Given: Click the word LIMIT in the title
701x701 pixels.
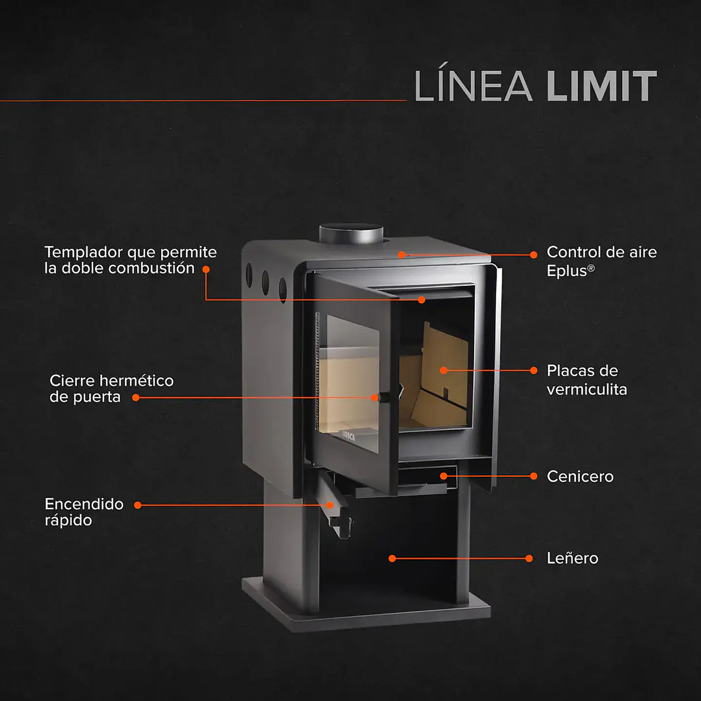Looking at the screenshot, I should click(602, 86).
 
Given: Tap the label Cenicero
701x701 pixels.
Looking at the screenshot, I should click(580, 476).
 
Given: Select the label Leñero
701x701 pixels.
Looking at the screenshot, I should click(572, 558).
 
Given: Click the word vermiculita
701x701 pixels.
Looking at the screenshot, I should click(587, 389).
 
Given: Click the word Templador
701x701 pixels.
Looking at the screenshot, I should click(83, 252).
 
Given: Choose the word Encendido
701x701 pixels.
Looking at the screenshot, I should click(84, 504).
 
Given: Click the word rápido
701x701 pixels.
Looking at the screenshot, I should click(68, 520).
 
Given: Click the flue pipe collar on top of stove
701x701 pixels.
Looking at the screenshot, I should click(351, 234).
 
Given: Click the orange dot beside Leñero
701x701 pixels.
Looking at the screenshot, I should click(529, 558).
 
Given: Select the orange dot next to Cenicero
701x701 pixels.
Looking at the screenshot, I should click(534, 476).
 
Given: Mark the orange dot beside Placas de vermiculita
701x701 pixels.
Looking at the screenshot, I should click(534, 370).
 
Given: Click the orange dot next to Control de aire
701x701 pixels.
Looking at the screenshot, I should click(534, 255).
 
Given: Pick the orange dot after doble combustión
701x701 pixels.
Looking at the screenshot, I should click(206, 269).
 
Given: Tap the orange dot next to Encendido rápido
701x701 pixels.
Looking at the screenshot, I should click(138, 505).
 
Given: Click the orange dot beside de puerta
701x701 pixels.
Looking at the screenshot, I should click(136, 398).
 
